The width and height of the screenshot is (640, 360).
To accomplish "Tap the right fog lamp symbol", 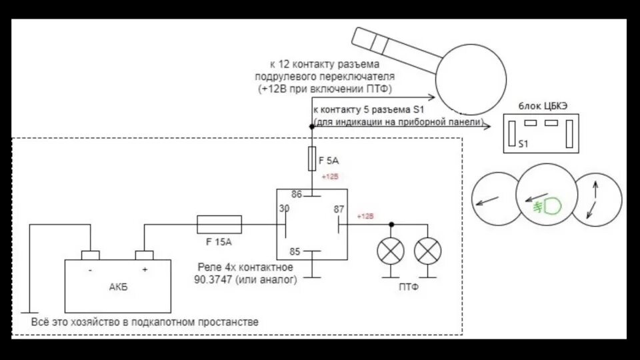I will [427, 251].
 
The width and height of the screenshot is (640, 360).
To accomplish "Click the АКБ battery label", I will [117, 287].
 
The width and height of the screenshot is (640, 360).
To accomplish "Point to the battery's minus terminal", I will [90, 256].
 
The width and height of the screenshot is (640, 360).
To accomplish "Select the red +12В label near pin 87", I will [365, 217].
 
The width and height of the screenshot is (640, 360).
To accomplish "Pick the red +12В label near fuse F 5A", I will [330, 177].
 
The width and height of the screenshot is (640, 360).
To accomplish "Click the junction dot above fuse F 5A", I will [312, 126].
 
